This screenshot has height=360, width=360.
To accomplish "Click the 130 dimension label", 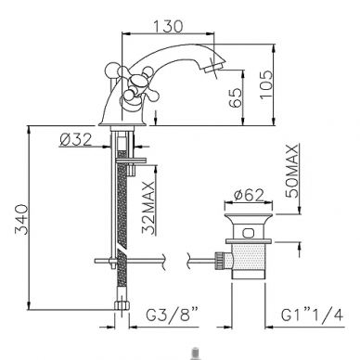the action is point(168,26).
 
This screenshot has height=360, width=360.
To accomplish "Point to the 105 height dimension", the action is point(266,84).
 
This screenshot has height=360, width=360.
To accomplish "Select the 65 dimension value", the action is point(237,97).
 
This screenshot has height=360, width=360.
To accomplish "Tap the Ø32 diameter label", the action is point(76,139).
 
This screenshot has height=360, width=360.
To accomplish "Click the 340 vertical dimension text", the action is point(22,219).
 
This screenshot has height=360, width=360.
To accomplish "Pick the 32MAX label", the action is point(148,208).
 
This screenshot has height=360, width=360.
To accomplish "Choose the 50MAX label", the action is point(292,170).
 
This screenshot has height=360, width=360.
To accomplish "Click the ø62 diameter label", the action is point(249,195).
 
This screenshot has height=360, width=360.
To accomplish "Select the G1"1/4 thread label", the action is point(312,315).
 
